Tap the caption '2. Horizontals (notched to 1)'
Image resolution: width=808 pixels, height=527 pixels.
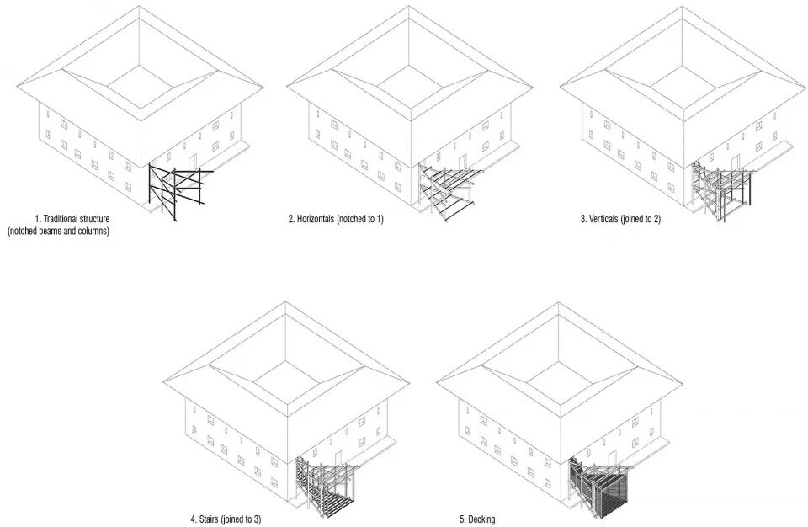[336, 219]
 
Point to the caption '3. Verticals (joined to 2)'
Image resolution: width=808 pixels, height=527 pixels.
[620, 219]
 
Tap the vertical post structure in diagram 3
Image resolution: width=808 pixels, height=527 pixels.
[722, 189]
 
